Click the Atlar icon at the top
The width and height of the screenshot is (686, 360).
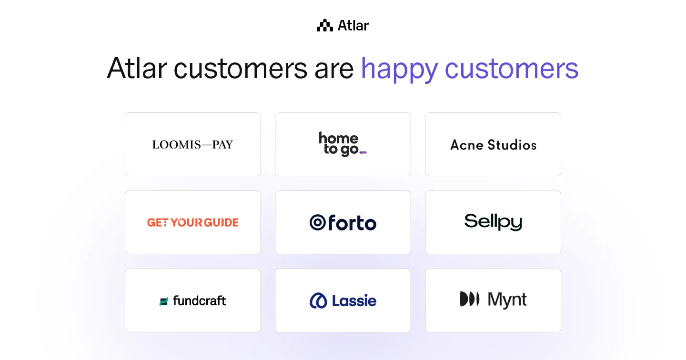tap(325, 26)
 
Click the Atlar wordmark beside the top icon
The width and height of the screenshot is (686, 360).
tap(353, 26)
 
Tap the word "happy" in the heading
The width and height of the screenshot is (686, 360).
tap(399, 69)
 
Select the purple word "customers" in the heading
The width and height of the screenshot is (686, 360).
tap(512, 69)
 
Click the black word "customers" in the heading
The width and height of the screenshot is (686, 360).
tap(240, 69)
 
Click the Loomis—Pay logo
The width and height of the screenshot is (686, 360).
tap(192, 145)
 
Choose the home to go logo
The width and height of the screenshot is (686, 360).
tap(339, 144)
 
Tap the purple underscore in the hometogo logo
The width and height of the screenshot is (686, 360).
tap(363, 152)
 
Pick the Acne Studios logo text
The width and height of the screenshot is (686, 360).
tap(493, 145)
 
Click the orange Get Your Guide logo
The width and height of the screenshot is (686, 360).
tap(192, 222)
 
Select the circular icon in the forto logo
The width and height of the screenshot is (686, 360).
tap(317, 222)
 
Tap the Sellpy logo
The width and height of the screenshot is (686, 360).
tap(493, 222)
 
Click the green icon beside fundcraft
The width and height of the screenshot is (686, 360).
tap(164, 301)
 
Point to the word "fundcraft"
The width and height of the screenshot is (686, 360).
tap(200, 300)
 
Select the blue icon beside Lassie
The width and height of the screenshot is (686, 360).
tap(318, 300)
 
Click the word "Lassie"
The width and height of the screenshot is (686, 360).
tap(354, 300)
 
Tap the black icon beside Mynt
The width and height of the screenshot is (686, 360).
tap(469, 299)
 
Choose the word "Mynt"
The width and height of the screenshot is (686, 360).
tap(507, 300)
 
